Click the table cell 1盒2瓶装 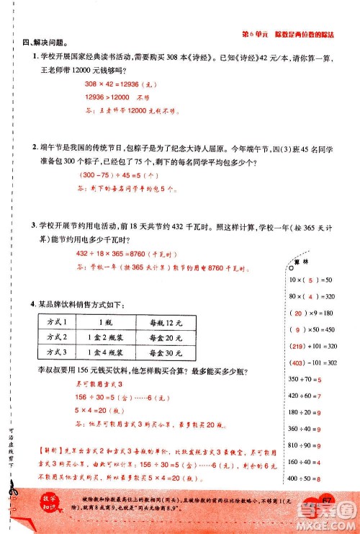pos(108,337)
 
